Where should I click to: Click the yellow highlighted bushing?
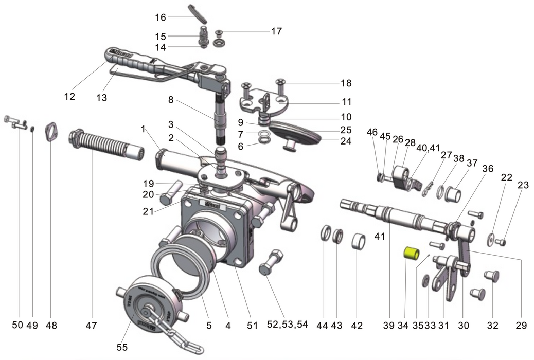click(x=412, y=254)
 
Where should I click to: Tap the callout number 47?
click(x=92, y=326)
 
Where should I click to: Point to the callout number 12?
click(x=69, y=96)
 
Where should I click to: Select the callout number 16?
click(x=161, y=17)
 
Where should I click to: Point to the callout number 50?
click(x=17, y=326)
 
